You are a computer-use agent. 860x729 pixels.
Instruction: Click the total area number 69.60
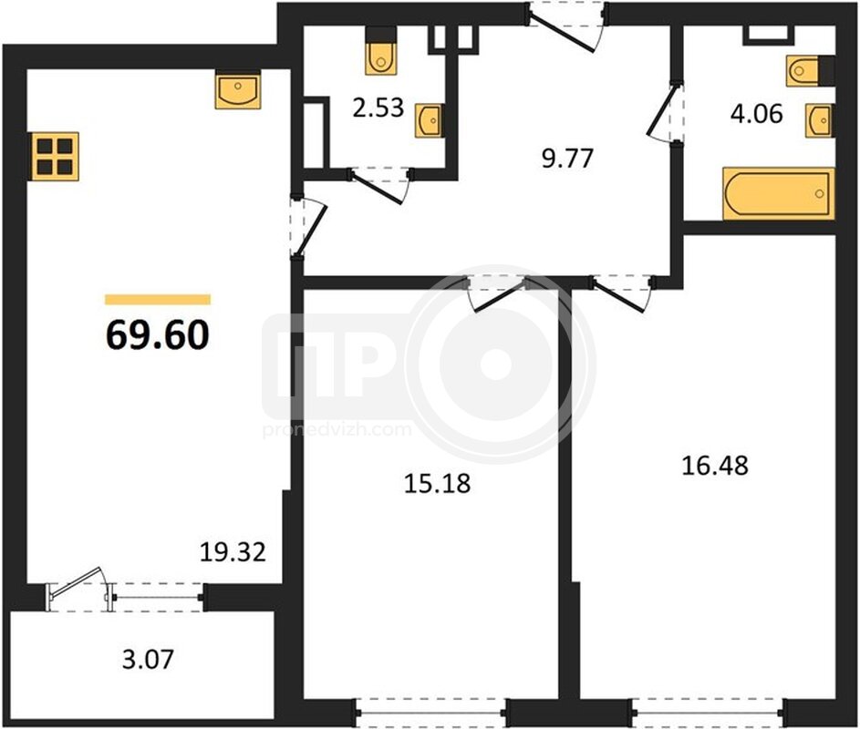tap(158, 335)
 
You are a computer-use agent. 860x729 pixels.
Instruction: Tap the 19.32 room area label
tap(233, 552)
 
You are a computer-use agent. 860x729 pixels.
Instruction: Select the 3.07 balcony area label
tap(148, 659)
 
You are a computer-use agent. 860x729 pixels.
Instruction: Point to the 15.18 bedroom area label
tap(437, 484)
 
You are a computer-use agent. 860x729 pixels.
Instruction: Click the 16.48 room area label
tap(715, 466)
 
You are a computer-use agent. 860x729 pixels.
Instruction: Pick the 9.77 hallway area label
tap(567, 159)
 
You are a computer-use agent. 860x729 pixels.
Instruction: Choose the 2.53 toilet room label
tap(378, 108)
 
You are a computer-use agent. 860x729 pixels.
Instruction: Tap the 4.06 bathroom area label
tap(756, 114)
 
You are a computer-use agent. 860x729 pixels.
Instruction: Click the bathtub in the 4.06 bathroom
tap(778, 194)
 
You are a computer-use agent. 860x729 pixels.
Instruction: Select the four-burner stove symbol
tap(56, 156)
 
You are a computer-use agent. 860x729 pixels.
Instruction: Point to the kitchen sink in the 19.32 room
tap(237, 89)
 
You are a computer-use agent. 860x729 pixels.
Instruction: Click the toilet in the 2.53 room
tap(380, 51)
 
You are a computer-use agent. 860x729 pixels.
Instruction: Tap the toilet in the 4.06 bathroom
tap(810, 71)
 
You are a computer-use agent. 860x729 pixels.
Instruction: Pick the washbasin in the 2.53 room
tap(429, 120)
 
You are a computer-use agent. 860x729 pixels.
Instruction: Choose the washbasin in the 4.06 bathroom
tap(819, 120)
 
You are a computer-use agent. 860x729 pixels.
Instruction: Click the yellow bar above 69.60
tap(158, 299)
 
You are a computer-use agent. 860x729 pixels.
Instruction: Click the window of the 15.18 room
tap(431, 713)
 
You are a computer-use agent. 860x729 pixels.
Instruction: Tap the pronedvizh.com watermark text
tap(337, 429)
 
